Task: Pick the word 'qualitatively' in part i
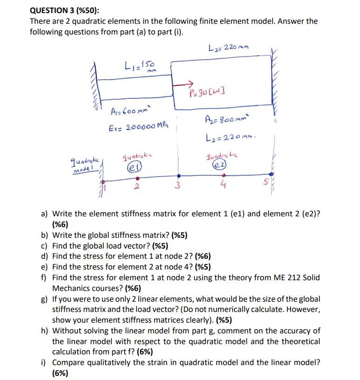click(x=109, y=362)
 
